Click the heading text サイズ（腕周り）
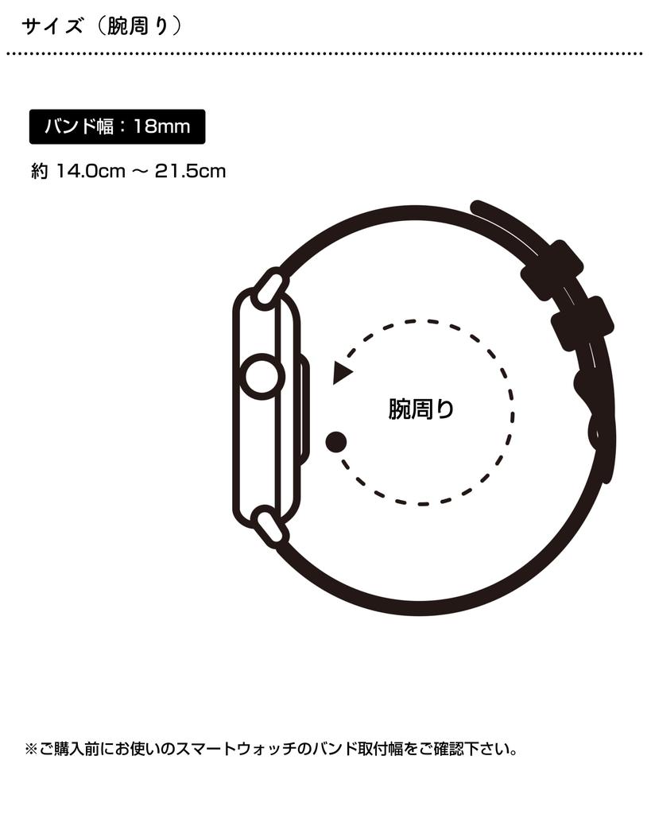click(102, 25)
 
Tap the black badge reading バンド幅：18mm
click(118, 126)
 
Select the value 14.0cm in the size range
click(91, 171)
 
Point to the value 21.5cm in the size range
click(190, 171)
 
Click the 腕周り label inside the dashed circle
click(421, 409)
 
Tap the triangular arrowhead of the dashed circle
click(342, 372)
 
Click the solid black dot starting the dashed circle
click(336, 442)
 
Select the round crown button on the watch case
click(262, 377)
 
